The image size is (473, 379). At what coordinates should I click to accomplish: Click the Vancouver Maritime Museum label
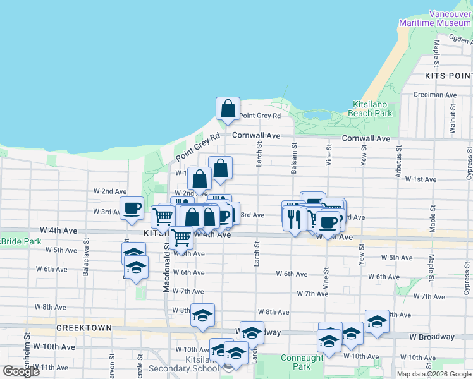[434, 18]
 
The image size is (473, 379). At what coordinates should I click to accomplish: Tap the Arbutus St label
[398, 164]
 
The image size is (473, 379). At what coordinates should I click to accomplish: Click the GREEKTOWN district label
[83, 328]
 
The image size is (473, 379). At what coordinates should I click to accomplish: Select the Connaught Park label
[302, 362]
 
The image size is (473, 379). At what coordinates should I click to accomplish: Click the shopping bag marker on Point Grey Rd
[228, 108]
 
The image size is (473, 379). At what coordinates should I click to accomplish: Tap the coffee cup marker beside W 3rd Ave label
[132, 208]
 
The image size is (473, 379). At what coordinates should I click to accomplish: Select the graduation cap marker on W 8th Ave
[202, 315]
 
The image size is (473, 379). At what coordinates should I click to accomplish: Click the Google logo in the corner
[21, 371]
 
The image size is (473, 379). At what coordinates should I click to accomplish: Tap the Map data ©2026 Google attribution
[434, 374]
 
